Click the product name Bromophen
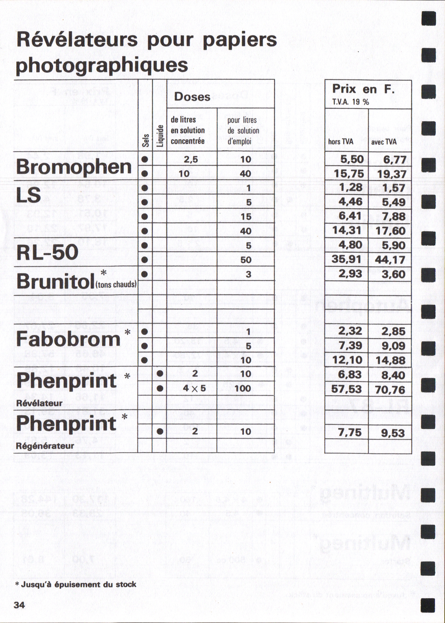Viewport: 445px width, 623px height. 74,167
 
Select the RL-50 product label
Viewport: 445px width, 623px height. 48,252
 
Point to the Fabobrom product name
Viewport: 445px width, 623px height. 69,339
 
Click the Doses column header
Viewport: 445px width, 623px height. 192,97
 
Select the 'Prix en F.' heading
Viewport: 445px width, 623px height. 363,89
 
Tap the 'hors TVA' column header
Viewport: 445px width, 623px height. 341,142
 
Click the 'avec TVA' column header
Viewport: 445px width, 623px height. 384,142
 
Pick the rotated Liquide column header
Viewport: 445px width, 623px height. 160,135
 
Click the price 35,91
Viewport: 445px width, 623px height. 346,259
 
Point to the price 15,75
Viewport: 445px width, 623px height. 349,173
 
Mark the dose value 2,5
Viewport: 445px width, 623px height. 191,159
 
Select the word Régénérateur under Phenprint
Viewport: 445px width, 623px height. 45,446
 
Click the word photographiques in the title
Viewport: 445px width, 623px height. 102,65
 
